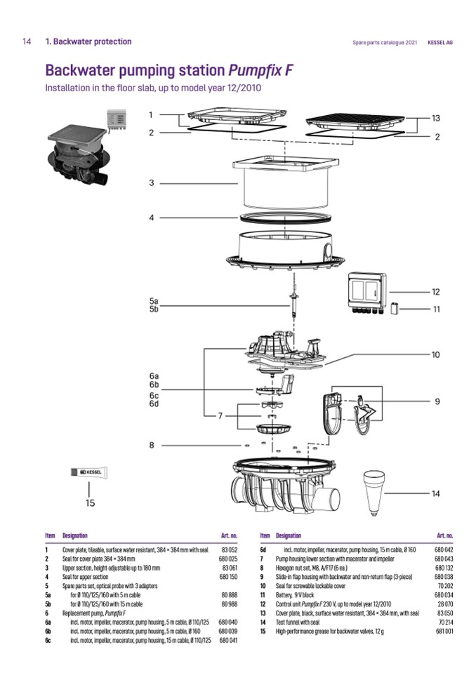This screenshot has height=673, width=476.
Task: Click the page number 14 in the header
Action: [27, 41]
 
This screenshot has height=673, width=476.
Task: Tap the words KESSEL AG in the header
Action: [439, 42]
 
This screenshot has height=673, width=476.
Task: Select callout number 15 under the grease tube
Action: [90, 502]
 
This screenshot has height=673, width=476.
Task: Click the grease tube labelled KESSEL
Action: [90, 473]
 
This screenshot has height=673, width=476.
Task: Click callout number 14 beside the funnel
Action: [435, 494]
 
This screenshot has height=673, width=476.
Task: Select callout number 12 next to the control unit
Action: [435, 291]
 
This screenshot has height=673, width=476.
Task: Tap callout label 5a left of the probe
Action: [154, 300]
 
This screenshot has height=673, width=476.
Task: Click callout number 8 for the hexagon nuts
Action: [151, 444]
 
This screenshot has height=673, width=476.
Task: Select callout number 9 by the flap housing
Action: [436, 401]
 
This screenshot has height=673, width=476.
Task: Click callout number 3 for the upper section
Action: [151, 183]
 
